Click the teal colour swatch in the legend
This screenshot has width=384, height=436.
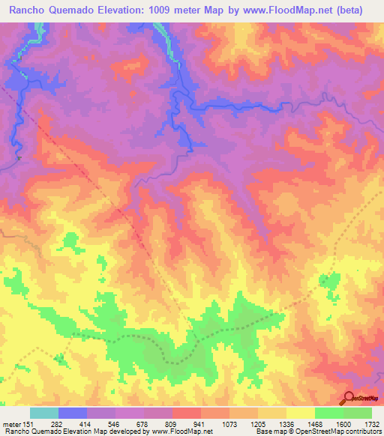(44, 413)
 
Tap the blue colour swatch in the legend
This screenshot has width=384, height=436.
(73, 413)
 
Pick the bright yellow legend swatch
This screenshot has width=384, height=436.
(300, 413)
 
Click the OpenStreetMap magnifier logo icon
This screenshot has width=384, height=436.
(348, 396)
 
